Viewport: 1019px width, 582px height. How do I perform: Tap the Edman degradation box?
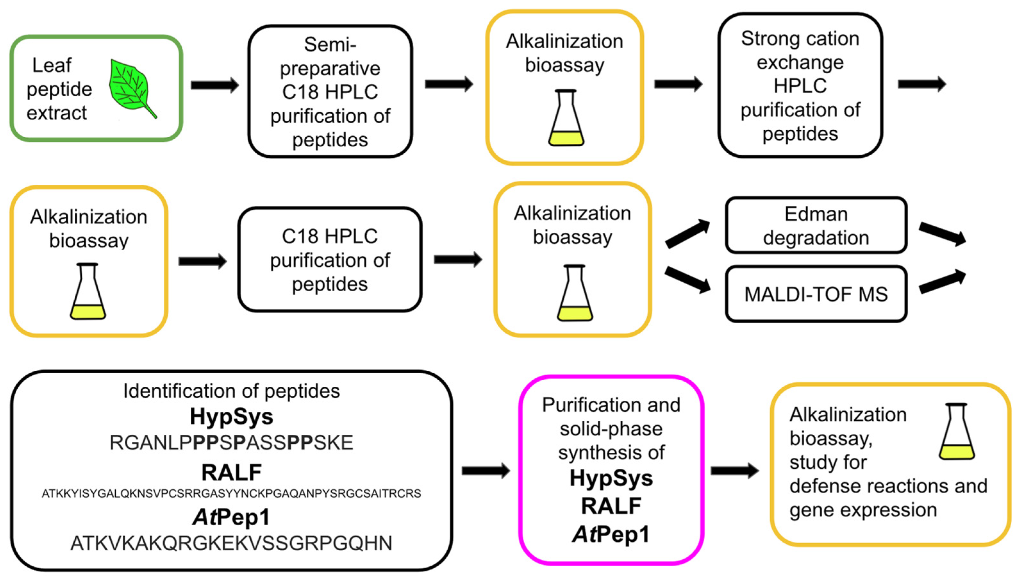click(816, 226)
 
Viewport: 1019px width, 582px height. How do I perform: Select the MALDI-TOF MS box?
click(816, 294)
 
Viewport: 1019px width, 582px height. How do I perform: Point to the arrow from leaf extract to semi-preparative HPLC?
click(214, 85)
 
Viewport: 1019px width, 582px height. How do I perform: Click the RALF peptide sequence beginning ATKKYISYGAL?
click(231, 494)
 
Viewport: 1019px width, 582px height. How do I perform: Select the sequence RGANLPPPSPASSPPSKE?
click(231, 443)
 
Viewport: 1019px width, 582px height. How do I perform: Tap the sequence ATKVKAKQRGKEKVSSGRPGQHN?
click(231, 543)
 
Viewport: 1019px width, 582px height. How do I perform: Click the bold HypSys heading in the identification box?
click(231, 416)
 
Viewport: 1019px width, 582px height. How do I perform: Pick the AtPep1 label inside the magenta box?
click(611, 534)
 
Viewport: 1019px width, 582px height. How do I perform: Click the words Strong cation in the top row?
click(800, 39)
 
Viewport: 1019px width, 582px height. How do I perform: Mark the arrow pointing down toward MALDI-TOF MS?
click(687, 280)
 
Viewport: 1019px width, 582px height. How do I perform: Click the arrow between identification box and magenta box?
click(485, 471)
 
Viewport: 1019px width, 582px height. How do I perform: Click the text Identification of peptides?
click(231, 391)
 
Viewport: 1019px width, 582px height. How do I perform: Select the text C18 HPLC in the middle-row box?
click(330, 236)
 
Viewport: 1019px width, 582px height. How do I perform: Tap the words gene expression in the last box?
click(863, 510)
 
